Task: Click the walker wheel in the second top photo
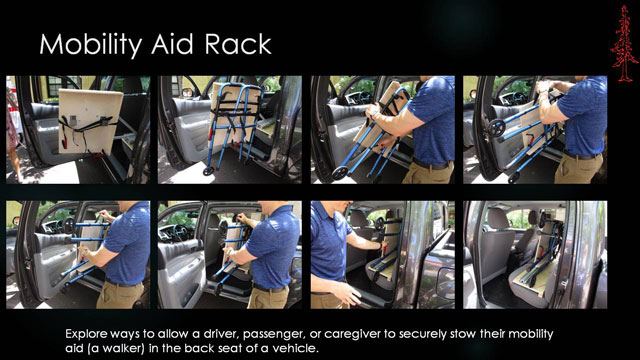tap(208, 169)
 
